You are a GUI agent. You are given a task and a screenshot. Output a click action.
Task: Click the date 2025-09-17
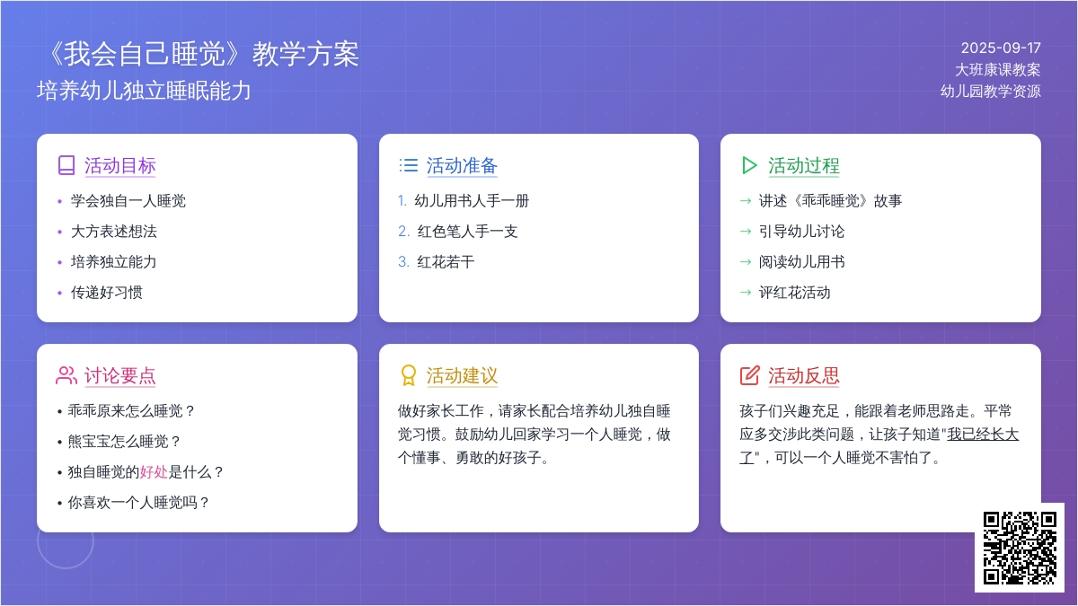[1001, 48]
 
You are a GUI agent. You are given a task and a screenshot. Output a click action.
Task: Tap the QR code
[1020, 548]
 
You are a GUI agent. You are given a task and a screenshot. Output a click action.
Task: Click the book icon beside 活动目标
[66, 165]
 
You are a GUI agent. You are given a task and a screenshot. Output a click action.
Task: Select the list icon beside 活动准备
[409, 165]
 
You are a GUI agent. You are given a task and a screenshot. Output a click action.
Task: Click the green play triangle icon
[749, 165]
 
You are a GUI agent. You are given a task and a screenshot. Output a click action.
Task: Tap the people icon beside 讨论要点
[66, 375]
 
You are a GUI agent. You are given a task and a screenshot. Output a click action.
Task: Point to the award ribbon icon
[408, 375]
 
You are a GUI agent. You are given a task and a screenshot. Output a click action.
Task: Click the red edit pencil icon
[750, 375]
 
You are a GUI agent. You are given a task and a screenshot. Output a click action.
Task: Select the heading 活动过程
[804, 165]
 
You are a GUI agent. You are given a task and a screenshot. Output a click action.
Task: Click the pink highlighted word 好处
[154, 472]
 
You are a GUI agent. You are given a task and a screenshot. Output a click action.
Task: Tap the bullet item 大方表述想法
[113, 232]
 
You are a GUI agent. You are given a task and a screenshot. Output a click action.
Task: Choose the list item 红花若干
[446, 261]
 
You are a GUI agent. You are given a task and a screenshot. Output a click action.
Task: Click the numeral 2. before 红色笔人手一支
[403, 232]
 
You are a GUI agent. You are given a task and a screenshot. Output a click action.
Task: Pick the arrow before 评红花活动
[746, 293]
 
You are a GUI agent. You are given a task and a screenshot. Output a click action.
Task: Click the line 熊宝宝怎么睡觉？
[124, 442]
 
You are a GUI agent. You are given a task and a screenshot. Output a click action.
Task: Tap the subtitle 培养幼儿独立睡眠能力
[144, 91]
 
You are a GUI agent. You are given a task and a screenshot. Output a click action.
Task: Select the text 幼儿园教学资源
[990, 91]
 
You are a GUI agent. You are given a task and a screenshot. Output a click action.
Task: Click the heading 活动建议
[462, 375]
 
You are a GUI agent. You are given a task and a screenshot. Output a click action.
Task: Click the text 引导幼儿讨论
[801, 232]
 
